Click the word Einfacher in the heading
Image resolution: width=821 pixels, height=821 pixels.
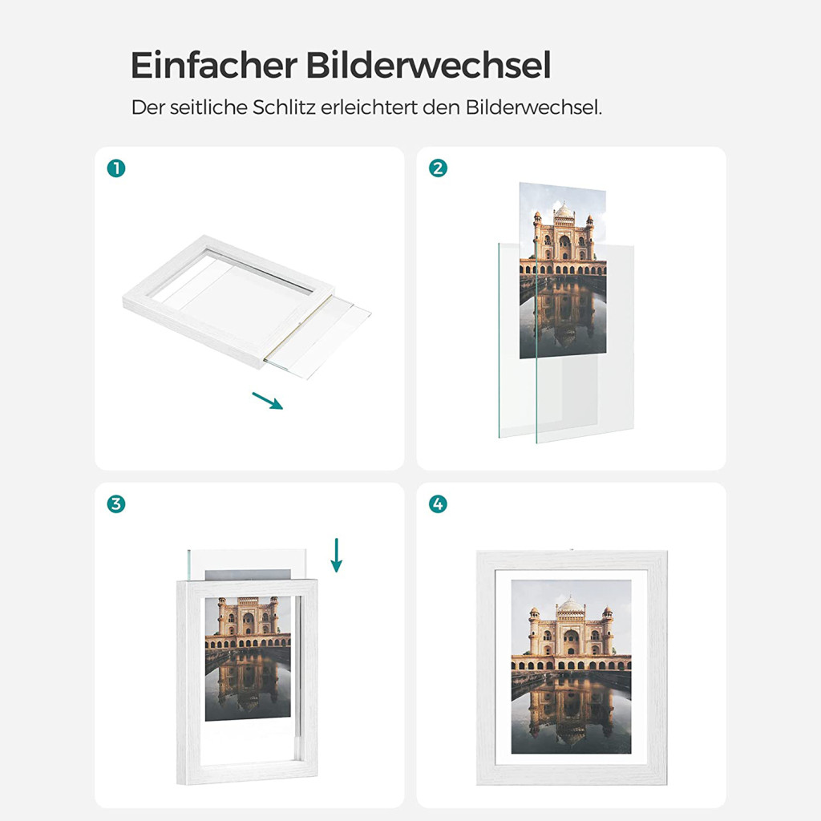click(214, 65)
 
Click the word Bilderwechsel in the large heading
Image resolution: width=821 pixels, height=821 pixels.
click(428, 65)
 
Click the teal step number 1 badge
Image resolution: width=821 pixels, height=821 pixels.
click(116, 168)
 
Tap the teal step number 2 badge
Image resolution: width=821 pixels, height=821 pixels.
click(438, 168)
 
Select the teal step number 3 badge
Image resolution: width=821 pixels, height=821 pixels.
click(116, 504)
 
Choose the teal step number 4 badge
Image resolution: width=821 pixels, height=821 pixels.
click(438, 504)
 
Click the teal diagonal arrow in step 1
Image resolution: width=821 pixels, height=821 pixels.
click(268, 401)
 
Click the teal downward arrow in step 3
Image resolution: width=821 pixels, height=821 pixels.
click(337, 555)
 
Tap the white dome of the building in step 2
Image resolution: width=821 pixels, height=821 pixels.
click(564, 210)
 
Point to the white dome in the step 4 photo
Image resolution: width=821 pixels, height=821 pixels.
click(571, 605)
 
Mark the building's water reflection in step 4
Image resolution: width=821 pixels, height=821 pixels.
click(570, 712)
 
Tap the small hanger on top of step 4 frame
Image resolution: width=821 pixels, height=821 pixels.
click(571, 549)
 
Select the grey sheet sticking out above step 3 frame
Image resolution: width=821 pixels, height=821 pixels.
click(249, 574)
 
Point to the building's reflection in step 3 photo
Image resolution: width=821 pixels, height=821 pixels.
click(249, 681)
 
